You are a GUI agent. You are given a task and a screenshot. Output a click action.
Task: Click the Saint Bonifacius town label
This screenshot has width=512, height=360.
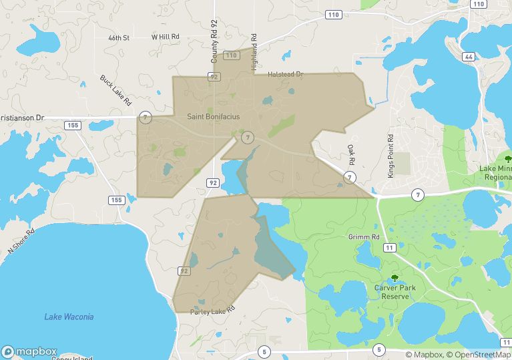pos(213,117)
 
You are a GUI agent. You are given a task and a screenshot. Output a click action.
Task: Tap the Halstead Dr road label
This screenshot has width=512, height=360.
pos(285,74)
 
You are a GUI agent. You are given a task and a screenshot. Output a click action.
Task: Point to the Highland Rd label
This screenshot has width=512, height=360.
pos(254,53)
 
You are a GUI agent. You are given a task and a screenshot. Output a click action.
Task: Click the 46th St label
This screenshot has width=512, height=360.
pos(118,38)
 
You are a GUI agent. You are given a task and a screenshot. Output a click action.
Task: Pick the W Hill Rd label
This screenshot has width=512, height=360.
pos(166,37)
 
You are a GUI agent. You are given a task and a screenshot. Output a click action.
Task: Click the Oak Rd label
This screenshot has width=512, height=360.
pos(350,154)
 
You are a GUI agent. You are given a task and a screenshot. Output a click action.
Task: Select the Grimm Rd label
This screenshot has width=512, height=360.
pos(363,237)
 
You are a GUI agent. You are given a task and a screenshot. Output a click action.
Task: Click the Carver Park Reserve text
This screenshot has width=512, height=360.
pos(395,291)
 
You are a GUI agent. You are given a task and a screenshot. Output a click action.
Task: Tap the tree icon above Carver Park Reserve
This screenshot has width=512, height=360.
pos(395,277)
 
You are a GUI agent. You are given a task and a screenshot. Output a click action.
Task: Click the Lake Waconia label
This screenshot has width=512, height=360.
pos(69,317)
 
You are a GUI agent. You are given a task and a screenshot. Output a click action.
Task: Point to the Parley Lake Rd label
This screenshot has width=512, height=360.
pos(213,312)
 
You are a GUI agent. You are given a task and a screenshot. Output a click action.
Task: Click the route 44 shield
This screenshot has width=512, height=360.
pos(469,57)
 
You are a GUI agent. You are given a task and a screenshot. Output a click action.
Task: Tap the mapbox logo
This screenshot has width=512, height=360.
pos(29,351)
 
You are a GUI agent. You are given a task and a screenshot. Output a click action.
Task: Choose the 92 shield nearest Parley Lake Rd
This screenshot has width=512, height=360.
pos(184,271)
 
